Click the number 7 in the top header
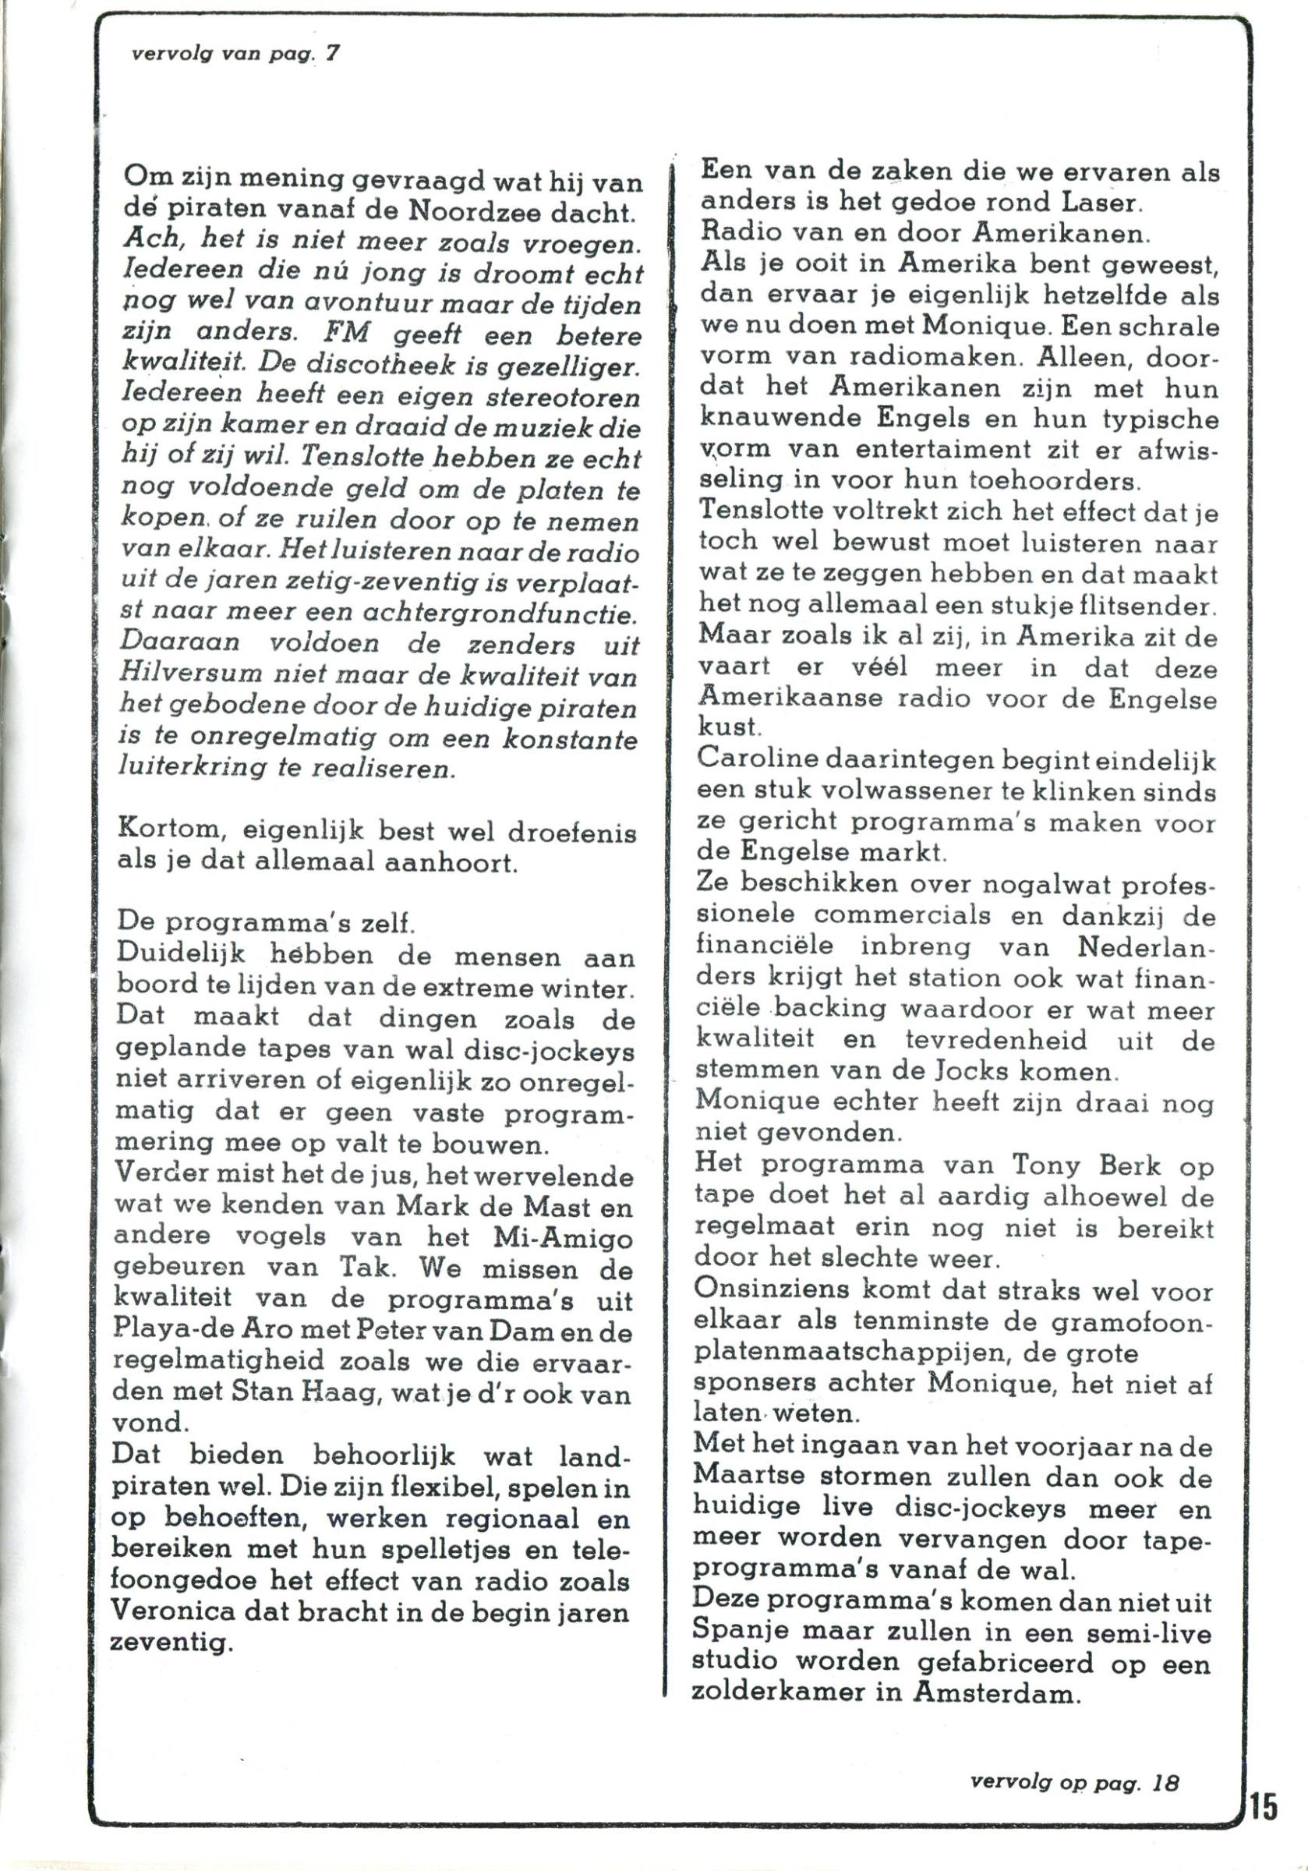(x=333, y=54)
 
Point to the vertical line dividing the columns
(x=669, y=978)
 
